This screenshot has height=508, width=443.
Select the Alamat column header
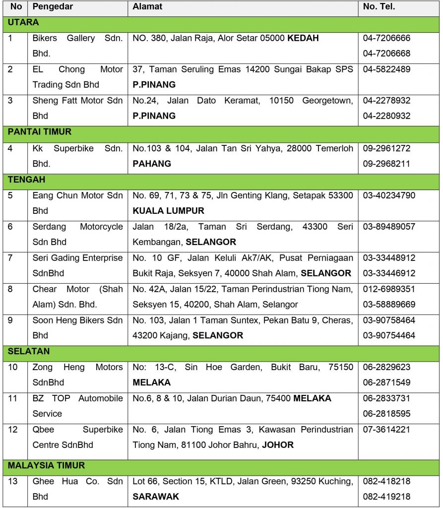click(147, 7)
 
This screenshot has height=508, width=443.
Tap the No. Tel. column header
click(379, 7)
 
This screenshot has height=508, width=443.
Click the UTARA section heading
click(23, 22)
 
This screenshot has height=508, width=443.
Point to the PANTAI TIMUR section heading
click(40, 132)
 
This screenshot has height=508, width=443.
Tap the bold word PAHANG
click(152, 164)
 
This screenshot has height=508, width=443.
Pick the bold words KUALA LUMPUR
click(168, 211)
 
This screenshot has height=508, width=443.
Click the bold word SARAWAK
click(156, 497)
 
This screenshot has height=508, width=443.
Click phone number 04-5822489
click(386, 69)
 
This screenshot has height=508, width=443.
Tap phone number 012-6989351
click(389, 289)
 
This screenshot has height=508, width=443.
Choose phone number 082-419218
click(386, 497)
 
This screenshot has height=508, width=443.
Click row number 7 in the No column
click(11, 258)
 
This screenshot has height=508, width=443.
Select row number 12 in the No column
click(13, 429)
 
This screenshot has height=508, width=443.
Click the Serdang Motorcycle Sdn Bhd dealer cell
click(77, 234)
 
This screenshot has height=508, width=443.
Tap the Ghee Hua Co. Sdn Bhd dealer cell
click(77, 489)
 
